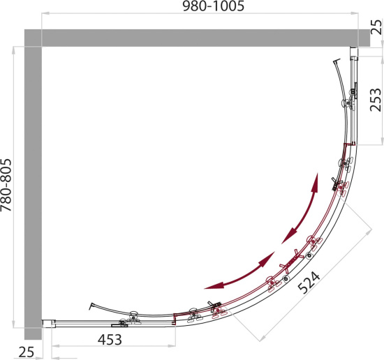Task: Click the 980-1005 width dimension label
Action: tap(214, 6)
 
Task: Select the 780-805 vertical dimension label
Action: tap(6, 185)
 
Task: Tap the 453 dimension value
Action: tap(110, 340)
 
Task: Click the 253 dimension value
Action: tap(376, 100)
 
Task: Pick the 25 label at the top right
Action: tap(376, 27)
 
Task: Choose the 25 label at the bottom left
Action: tap(27, 352)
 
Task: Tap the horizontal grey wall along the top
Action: tap(197, 38)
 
